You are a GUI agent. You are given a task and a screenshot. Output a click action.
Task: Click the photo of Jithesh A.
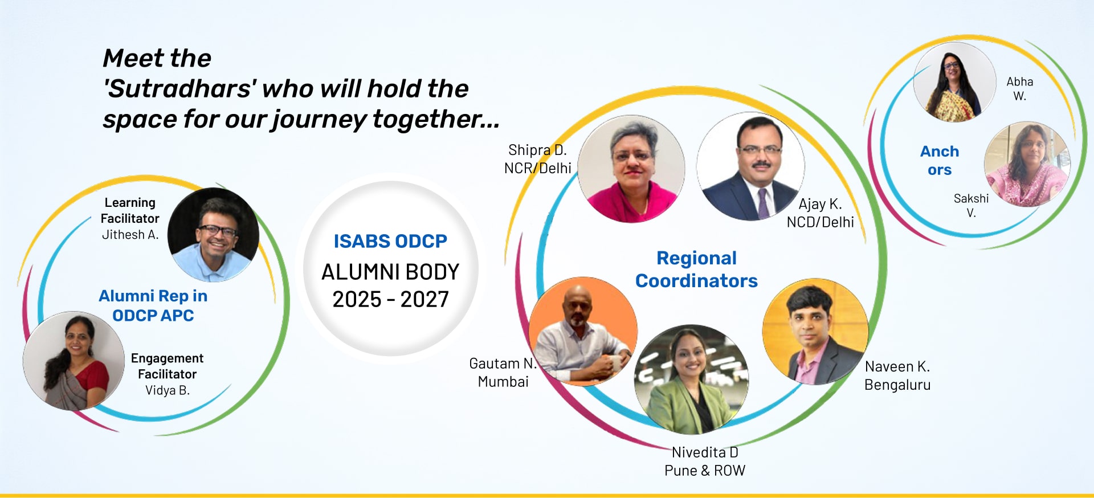click(x=213, y=235)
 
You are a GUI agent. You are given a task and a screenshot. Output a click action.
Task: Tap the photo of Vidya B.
click(x=74, y=361)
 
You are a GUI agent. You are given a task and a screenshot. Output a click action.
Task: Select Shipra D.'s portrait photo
click(x=631, y=169)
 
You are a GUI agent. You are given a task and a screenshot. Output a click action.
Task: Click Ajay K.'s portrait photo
click(x=750, y=166)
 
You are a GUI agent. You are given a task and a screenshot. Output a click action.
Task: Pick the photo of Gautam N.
click(x=583, y=331)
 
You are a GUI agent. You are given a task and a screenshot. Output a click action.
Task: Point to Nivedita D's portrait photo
click(x=691, y=379)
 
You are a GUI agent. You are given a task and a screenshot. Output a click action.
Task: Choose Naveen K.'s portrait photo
click(x=815, y=332)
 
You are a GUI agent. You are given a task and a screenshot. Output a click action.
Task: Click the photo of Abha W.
click(x=955, y=82)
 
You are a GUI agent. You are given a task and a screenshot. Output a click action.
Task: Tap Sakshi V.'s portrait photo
click(x=1027, y=164)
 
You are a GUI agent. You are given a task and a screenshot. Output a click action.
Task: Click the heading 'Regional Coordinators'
click(x=696, y=270)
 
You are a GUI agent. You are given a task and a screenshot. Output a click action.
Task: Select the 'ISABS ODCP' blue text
click(x=390, y=242)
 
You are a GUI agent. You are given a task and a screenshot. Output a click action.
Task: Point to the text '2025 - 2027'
click(x=391, y=300)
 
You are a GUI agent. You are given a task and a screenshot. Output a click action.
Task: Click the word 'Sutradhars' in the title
click(x=179, y=89)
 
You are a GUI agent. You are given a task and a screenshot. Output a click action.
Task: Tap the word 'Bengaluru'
click(x=897, y=385)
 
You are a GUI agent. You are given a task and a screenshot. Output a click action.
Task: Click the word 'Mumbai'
click(x=503, y=382)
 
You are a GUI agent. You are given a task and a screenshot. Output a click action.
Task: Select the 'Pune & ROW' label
click(x=705, y=471)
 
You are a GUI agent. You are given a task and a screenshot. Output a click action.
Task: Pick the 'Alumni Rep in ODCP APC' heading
click(x=153, y=306)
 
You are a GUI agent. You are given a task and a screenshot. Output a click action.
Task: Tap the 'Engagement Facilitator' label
click(x=167, y=366)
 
